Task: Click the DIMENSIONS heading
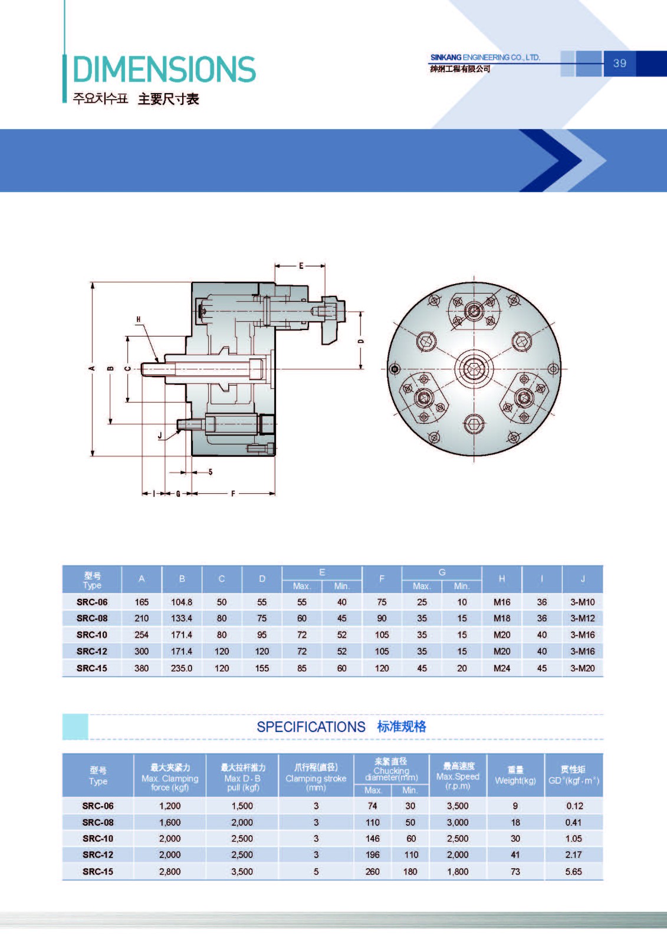(x=165, y=69)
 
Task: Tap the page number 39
(x=619, y=63)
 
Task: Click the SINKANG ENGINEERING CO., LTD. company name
(x=485, y=57)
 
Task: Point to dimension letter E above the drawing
(x=301, y=266)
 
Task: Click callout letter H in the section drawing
(x=138, y=319)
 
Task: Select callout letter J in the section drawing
(x=160, y=436)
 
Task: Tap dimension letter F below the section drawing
(x=233, y=493)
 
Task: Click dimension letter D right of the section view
(x=361, y=341)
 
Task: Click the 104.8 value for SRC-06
(x=182, y=602)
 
